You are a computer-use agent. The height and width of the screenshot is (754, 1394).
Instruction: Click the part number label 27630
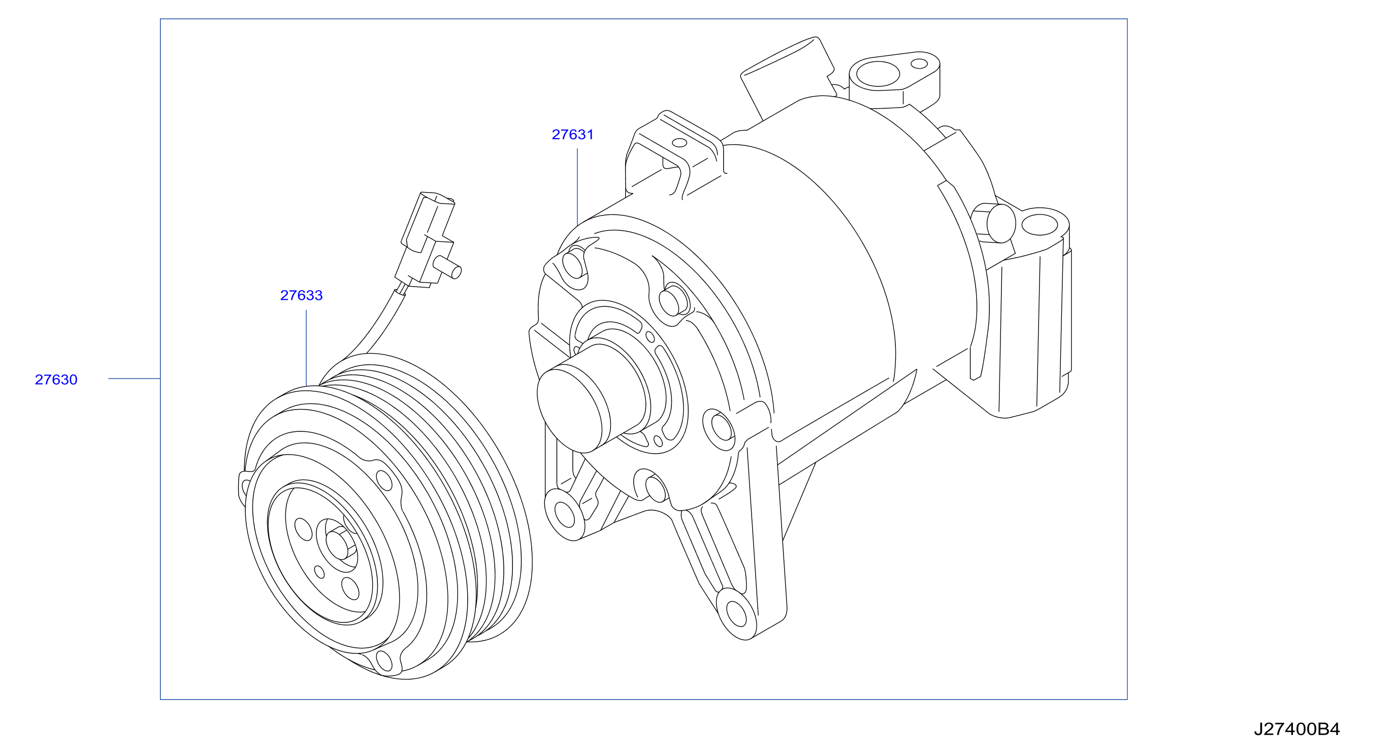pyautogui.click(x=56, y=380)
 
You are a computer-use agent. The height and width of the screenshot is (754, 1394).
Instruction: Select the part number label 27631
pyautogui.click(x=572, y=134)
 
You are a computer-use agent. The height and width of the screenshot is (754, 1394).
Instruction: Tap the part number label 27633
pyautogui.click(x=302, y=295)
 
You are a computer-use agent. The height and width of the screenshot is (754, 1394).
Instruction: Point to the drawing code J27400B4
pyautogui.click(x=1296, y=729)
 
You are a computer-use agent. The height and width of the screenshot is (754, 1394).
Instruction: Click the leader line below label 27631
pyautogui.click(x=577, y=187)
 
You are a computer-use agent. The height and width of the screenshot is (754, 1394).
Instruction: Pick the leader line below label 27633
pyautogui.click(x=306, y=348)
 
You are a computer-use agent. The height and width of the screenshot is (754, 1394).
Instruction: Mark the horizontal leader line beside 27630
pyautogui.click(x=134, y=379)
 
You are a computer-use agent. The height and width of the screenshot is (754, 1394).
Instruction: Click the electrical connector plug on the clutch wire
pyautogui.click(x=425, y=238)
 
